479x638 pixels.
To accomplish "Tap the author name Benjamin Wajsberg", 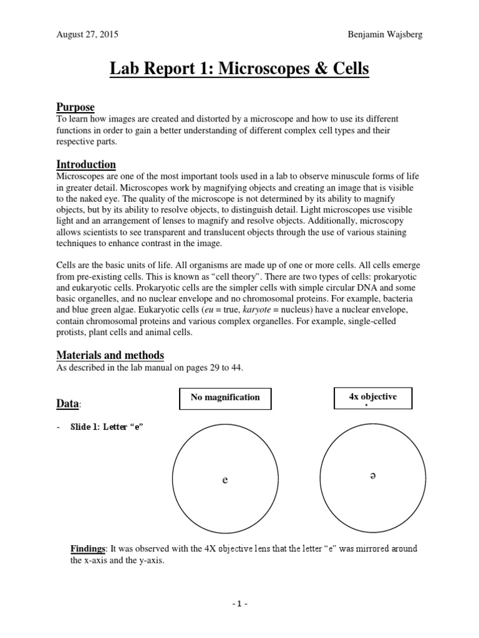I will [x=385, y=34].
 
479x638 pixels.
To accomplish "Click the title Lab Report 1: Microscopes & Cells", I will [x=239, y=69].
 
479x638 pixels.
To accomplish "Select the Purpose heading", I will [x=75, y=108].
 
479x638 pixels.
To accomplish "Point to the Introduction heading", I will [x=86, y=164].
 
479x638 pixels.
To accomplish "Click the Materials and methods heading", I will [x=110, y=355].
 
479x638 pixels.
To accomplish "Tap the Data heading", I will [x=68, y=404].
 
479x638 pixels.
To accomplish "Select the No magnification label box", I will [x=225, y=398].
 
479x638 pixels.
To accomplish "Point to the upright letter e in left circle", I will [x=225, y=480].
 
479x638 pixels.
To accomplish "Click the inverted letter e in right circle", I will [x=372, y=476].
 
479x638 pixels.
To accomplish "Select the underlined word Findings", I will [x=87, y=549].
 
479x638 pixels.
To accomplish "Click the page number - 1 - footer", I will [x=239, y=604].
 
